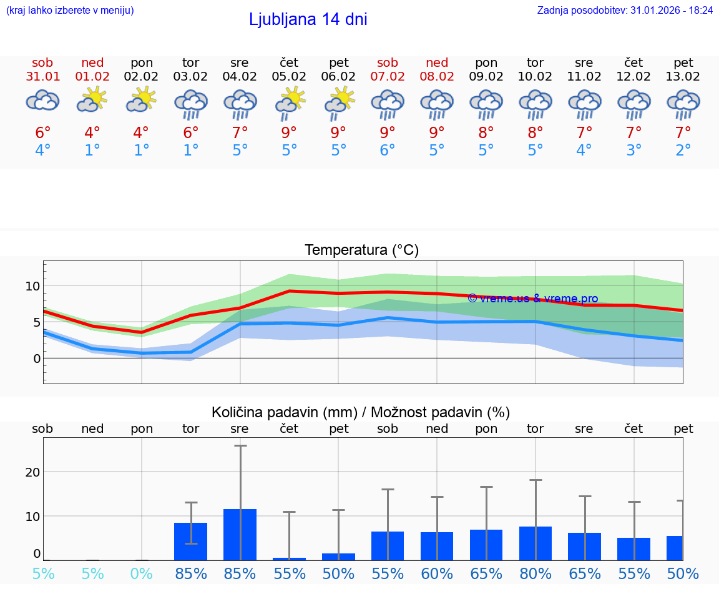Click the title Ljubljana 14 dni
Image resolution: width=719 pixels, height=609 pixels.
click(x=308, y=19)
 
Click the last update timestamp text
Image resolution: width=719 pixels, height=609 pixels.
click(x=625, y=10)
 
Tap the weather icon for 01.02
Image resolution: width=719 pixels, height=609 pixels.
click(x=92, y=100)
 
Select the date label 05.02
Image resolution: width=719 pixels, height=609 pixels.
click(x=289, y=76)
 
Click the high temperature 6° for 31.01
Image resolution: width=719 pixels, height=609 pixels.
click(x=42, y=132)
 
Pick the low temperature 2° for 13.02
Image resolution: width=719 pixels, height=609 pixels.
click(x=683, y=151)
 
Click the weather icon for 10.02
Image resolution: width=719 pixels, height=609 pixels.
click(x=535, y=104)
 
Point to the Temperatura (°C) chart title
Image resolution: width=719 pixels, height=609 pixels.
click(x=361, y=250)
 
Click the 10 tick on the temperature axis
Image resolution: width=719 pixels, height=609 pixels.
click(x=32, y=286)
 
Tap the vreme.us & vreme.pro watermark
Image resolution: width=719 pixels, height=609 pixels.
click(x=532, y=299)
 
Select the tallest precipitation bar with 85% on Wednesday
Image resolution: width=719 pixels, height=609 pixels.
click(x=240, y=534)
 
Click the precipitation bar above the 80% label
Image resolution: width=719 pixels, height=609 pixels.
click(x=536, y=543)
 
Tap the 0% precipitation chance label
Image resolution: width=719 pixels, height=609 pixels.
click(x=142, y=573)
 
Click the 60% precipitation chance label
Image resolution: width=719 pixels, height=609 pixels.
click(x=437, y=573)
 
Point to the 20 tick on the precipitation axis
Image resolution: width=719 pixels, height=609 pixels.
click(x=32, y=472)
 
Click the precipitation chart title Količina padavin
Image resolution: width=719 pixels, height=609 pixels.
click(x=361, y=412)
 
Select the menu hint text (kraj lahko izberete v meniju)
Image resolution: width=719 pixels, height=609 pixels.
click(x=70, y=10)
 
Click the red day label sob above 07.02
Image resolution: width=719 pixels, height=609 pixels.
click(x=388, y=62)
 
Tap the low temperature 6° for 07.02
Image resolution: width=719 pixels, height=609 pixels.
click(x=388, y=151)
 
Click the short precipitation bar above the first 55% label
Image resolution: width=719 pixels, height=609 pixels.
click(x=289, y=558)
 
